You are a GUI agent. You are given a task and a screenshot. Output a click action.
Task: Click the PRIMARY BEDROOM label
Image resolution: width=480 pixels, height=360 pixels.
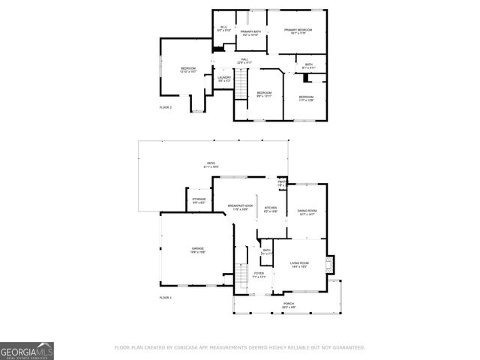click(298, 30)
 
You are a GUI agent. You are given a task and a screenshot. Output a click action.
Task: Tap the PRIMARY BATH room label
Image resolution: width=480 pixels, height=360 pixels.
click(250, 32)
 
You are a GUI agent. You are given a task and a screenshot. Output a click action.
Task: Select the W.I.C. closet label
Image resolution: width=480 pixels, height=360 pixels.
click(223, 28)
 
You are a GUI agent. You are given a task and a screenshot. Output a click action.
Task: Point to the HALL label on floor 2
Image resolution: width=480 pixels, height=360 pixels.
click(244, 60)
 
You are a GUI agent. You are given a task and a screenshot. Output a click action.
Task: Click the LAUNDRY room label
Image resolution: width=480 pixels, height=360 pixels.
click(223, 78)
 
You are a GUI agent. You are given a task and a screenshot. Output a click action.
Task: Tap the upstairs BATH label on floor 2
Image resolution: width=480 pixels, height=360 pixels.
click(308, 66)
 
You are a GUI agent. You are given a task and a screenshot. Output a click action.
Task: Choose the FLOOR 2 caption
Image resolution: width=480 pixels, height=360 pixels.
click(166, 108)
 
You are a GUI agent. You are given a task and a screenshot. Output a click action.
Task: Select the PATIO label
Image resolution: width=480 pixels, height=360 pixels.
click(211, 163)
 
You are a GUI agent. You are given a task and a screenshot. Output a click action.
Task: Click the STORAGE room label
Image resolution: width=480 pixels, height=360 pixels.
click(199, 200)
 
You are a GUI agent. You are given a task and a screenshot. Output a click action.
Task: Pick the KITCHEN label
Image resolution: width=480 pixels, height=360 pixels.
click(271, 209)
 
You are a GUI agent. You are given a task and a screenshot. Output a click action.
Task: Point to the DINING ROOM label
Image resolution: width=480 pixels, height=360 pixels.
click(307, 212)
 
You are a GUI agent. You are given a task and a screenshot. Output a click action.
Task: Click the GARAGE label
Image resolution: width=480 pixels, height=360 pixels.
click(198, 250)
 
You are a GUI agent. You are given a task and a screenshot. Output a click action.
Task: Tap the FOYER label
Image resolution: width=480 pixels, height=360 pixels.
click(258, 275)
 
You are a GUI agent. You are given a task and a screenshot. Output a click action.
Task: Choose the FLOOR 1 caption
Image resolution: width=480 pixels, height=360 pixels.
click(166, 298)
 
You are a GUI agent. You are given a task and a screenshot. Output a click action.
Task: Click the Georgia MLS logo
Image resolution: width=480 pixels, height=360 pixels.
click(27, 350)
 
